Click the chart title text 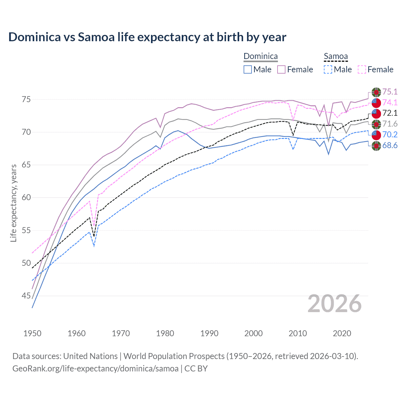pyautogui.click(x=147, y=37)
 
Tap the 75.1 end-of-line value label pyautogui.click(x=390, y=92)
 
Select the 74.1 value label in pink pyautogui.click(x=390, y=102)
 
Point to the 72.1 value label pyautogui.click(x=390, y=113)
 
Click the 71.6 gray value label pyautogui.click(x=390, y=124)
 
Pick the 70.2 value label pyautogui.click(x=390, y=134)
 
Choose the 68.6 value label pyautogui.click(x=390, y=145)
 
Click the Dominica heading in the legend pyautogui.click(x=260, y=56)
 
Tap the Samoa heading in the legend pyautogui.click(x=336, y=56)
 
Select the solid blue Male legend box pyautogui.click(x=248, y=69)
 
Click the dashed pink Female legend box pyautogui.click(x=362, y=69)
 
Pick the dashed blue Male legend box pyautogui.click(x=328, y=69)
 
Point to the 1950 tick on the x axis pyautogui.click(x=32, y=333)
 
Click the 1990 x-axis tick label pyautogui.click(x=209, y=333)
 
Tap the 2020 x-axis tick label pyautogui.click(x=342, y=333)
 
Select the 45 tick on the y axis pyautogui.click(x=26, y=296)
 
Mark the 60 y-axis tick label pyautogui.click(x=26, y=198)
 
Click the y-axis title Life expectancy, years pyautogui.click(x=13, y=203)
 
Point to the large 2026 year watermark pyautogui.click(x=334, y=304)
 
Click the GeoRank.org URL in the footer pyautogui.click(x=95, y=369)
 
